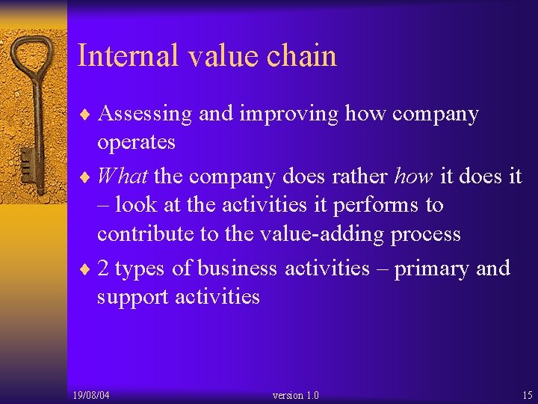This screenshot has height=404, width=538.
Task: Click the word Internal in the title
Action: [127, 57]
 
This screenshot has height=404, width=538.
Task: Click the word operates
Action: [136, 142]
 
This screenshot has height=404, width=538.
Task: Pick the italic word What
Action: [123, 177]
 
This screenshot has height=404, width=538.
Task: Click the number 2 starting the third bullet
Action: [103, 269]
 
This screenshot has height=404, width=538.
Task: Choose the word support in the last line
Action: [132, 297]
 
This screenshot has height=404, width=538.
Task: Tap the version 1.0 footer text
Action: [296, 395]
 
